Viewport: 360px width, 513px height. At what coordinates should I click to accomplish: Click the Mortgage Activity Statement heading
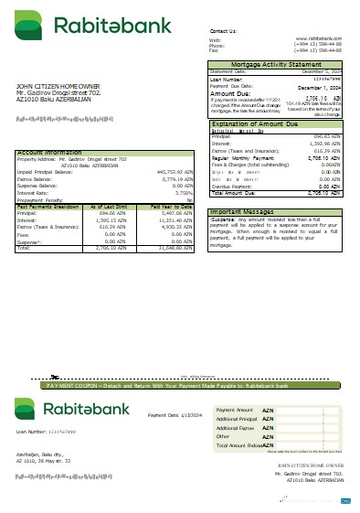coord(277,64)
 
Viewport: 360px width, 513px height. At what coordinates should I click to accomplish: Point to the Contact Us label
coord(223,31)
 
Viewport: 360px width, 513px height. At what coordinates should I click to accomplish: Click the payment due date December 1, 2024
coord(321,86)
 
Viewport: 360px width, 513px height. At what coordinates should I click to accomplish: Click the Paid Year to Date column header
coord(168,208)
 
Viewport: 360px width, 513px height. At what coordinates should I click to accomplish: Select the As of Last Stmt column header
coord(122,208)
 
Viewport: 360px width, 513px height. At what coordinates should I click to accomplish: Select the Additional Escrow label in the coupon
coord(234,428)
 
